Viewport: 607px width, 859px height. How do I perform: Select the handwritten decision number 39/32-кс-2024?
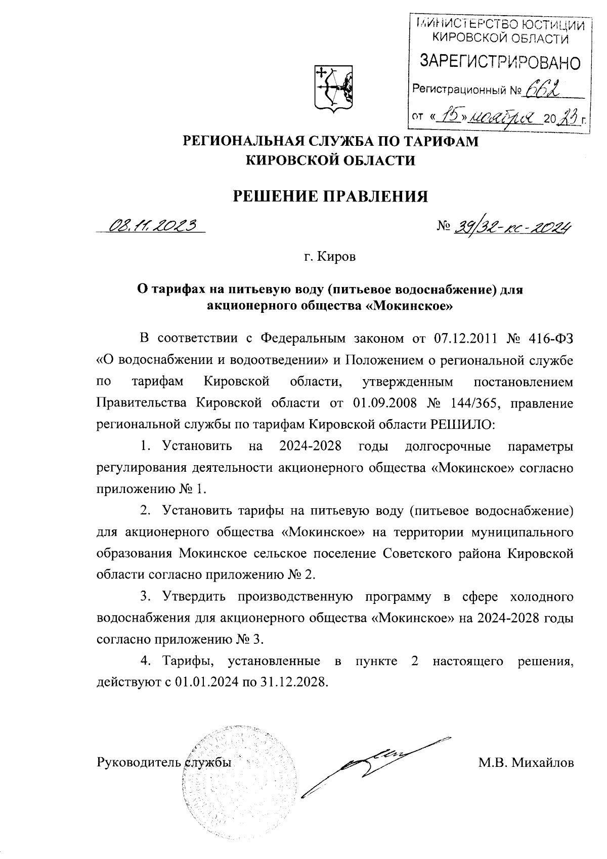512,228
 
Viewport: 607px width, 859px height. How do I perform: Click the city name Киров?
337,257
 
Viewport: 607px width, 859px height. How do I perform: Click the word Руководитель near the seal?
139,762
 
